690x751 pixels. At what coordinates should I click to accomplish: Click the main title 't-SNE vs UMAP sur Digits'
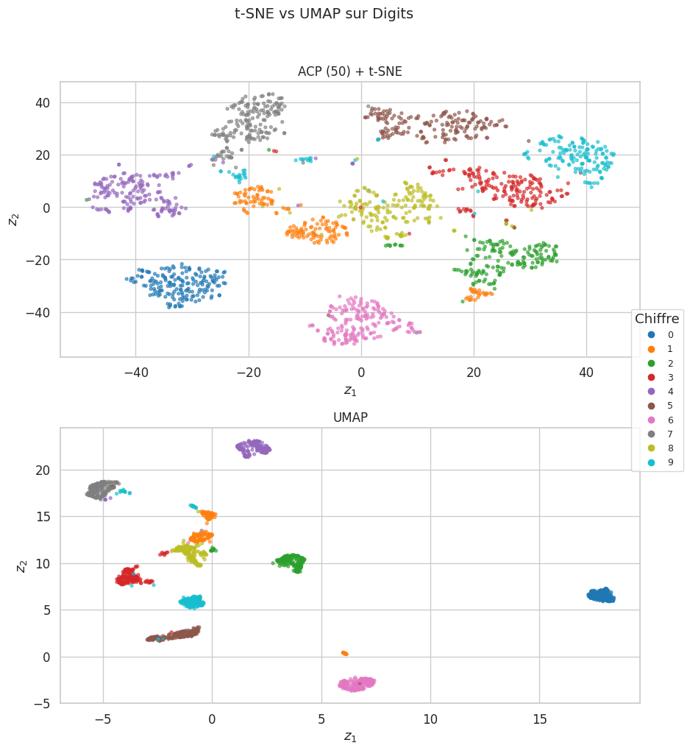[x=324, y=13]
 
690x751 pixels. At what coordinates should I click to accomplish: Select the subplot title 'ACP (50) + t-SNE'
[x=349, y=71]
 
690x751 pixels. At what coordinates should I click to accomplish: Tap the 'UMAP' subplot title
[x=349, y=417]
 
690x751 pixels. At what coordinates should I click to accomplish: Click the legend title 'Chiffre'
[x=657, y=318]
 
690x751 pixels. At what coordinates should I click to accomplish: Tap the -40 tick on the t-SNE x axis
[x=135, y=373]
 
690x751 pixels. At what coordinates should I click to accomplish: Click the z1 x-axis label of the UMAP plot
[x=349, y=736]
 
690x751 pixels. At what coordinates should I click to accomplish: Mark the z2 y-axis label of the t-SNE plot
[x=13, y=219]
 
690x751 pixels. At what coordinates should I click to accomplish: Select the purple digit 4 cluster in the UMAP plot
[x=253, y=448]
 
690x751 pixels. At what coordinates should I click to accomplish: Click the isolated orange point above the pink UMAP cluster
[x=344, y=653]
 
